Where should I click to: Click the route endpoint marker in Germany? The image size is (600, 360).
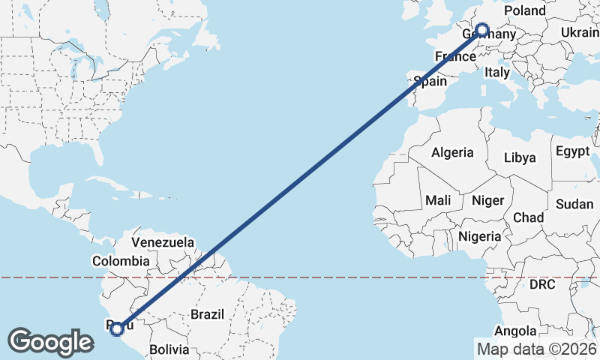coord(482,31)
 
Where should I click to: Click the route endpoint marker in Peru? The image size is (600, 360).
coord(117,328)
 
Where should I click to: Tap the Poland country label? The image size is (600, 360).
coord(525,10)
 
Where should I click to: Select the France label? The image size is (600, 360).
coord(455,57)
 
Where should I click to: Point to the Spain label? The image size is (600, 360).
coord(430,82)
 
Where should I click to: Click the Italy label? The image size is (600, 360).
coord(496,73)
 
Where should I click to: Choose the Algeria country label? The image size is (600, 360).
coord(452,152)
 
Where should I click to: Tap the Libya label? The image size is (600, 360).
coord(520,157)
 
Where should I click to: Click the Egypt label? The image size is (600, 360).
coord(572,151)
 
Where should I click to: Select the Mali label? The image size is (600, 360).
coord(438,200)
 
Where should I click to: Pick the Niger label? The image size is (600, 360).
coord(487,200)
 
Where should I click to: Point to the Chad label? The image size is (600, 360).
coord(528,217)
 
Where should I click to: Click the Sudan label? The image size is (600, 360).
coord(574,204)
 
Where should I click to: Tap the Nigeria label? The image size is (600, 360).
coord(480,236)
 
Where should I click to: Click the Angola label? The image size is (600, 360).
coord(516,331)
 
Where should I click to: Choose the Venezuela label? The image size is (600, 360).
coord(163,243)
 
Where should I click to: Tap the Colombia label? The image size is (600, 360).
coord(121,261)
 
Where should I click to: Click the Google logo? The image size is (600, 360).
coord(50,342)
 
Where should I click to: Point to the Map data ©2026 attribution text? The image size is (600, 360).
coord(536,349)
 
